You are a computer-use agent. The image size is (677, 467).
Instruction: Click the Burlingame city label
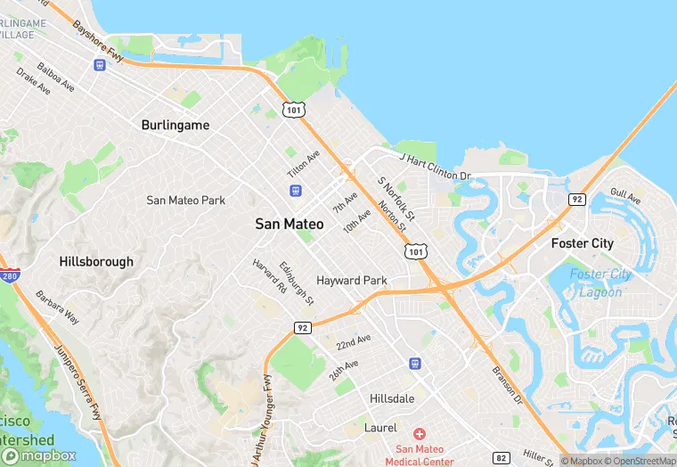point(175,126)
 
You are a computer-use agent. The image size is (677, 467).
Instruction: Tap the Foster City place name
point(582,243)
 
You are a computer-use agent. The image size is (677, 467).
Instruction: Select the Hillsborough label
point(96,262)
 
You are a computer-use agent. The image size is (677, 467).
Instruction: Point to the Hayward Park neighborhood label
point(351,280)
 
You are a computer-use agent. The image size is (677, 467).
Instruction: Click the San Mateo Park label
point(185,201)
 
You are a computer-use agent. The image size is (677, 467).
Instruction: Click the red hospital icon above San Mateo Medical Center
point(419,432)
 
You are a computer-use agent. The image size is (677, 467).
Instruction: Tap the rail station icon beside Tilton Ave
point(295,191)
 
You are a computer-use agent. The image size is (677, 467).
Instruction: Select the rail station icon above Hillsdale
point(414,364)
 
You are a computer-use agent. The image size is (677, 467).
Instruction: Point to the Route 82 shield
point(502,458)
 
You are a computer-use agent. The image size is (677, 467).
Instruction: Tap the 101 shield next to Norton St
point(415,253)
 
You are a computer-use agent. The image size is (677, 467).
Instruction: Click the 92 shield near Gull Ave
point(577,199)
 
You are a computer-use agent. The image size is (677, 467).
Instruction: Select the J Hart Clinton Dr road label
point(435,167)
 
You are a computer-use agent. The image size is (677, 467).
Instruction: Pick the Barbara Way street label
point(57,307)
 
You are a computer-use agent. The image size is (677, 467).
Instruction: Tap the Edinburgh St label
point(297,283)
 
